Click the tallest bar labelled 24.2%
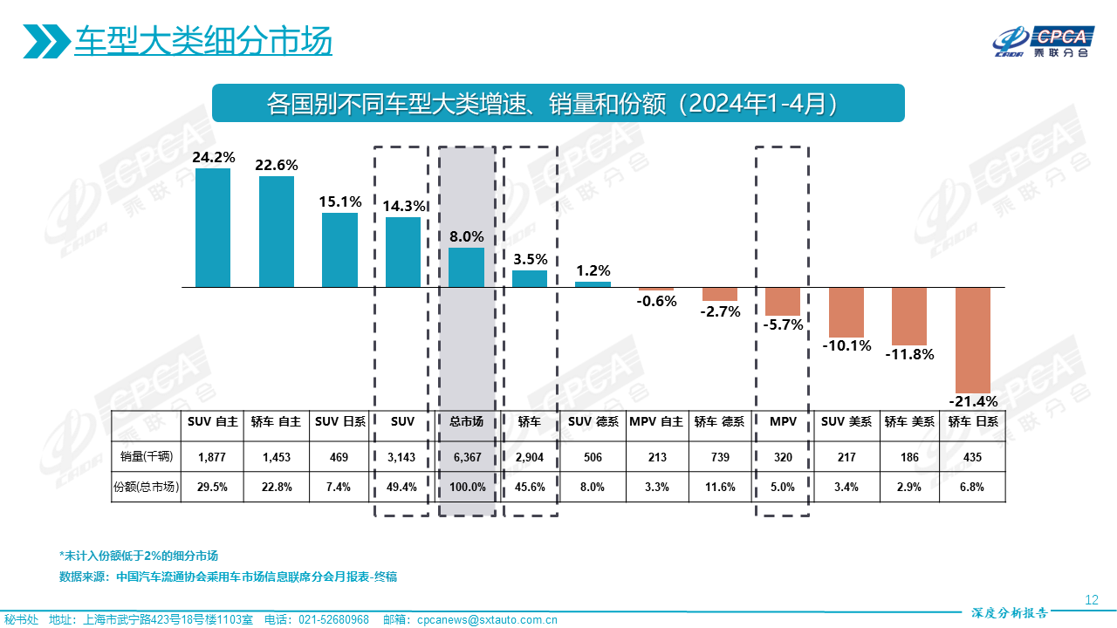(213, 228)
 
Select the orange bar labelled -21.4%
(973, 340)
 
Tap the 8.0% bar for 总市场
(466, 268)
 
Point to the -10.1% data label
(846, 345)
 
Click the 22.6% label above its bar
(277, 165)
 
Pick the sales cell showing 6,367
(467, 457)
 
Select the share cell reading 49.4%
(402, 487)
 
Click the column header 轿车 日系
(973, 421)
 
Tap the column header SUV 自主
(213, 421)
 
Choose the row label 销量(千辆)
(147, 457)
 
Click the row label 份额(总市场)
(147, 487)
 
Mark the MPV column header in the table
(783, 421)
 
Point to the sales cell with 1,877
(213, 457)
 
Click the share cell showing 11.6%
(719, 487)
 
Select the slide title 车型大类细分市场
(203, 41)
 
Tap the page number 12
(1091, 599)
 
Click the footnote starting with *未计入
(139, 556)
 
